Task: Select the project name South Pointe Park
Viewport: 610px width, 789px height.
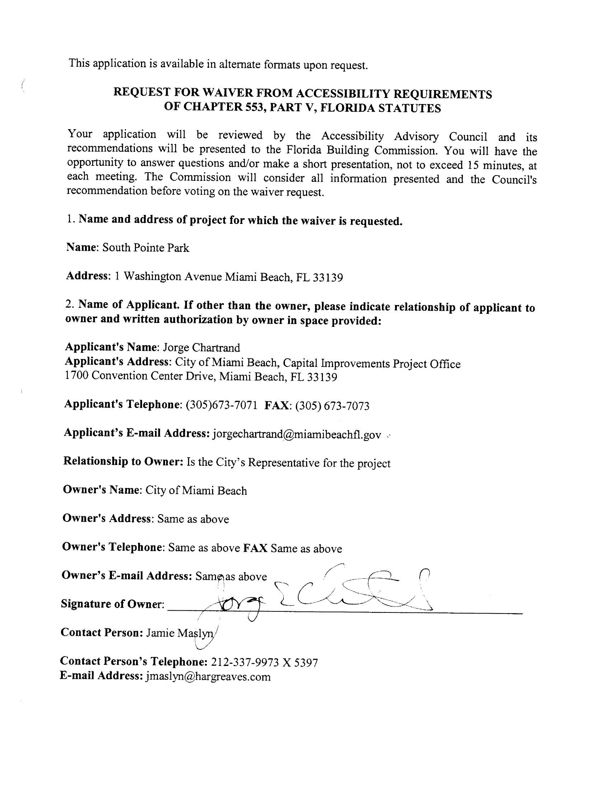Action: [x=146, y=248]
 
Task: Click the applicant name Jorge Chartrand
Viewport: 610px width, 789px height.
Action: [x=201, y=348]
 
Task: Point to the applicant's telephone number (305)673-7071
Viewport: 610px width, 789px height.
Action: [x=221, y=405]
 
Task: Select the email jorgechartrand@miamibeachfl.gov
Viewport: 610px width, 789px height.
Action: [x=297, y=434]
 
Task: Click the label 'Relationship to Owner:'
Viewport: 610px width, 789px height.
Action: [x=123, y=461]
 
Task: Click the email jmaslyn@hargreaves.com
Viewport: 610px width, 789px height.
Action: [x=208, y=677]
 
